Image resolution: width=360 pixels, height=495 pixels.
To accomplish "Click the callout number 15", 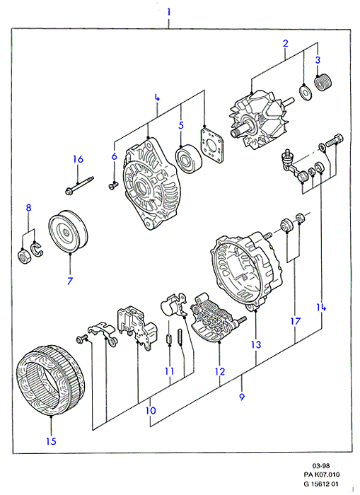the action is point(51,441).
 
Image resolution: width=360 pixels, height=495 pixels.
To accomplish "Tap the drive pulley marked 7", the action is point(68,231).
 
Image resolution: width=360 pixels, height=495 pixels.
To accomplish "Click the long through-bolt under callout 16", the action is point(79,185).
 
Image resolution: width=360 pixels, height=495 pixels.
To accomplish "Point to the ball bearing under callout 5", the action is point(189,159).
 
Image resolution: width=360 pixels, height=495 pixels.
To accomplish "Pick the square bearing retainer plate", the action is point(211,145).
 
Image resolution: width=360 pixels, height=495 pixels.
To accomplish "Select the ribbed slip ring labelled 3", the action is point(323,82).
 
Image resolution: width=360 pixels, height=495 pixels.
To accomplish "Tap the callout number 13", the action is point(256,344).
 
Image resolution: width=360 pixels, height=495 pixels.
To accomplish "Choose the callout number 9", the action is point(242,397).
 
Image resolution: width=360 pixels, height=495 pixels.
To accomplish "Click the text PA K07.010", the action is point(322,474).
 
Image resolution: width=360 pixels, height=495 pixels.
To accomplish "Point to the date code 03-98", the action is point(321,465).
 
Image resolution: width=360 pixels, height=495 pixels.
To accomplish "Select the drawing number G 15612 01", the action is point(322,484).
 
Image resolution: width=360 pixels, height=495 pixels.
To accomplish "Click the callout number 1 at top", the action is point(169,12).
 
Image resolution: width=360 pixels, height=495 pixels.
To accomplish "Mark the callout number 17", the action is point(295,321).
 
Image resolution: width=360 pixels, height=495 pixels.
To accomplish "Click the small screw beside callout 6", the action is point(113,185).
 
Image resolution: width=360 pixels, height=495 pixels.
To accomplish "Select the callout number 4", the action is point(157,98).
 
